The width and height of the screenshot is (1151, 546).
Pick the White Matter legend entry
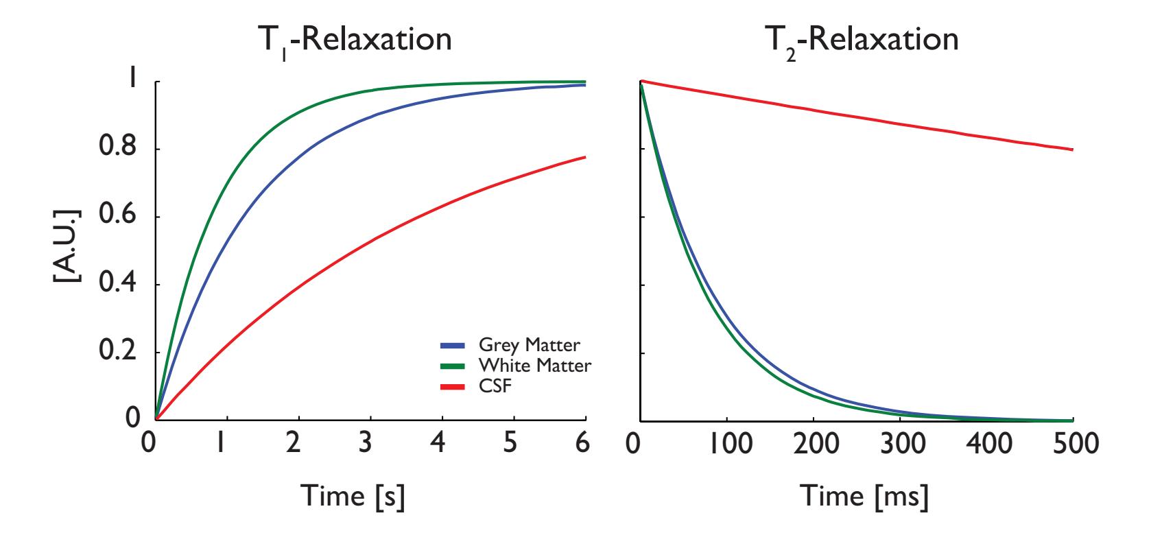516,366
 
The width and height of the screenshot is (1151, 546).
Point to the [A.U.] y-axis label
69,244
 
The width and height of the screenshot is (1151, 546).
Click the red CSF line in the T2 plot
857,113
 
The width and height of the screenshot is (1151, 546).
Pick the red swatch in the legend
453,387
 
